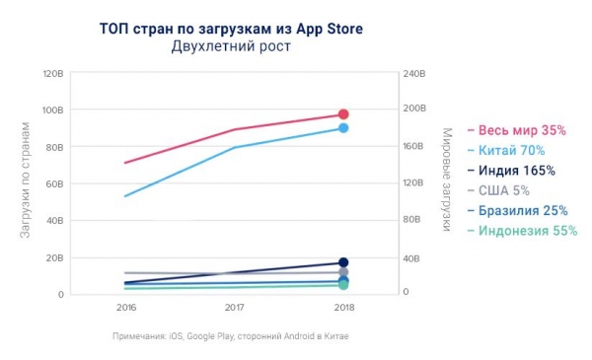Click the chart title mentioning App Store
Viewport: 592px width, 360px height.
point(231,28)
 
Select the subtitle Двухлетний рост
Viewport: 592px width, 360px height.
point(231,47)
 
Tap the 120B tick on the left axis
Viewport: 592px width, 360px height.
point(53,73)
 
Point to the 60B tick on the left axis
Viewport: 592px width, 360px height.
point(55,183)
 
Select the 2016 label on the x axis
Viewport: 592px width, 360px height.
point(125,308)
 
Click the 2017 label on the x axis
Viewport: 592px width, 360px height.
point(234,308)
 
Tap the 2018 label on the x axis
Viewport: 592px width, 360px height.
point(342,308)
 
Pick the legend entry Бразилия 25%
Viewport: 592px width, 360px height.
point(523,210)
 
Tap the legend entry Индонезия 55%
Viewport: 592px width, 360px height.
point(527,231)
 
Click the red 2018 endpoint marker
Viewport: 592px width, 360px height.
point(343,114)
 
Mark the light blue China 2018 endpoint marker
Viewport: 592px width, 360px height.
point(343,128)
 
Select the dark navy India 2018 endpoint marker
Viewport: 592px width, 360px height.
point(343,262)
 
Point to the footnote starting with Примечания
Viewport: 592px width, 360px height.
point(231,336)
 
